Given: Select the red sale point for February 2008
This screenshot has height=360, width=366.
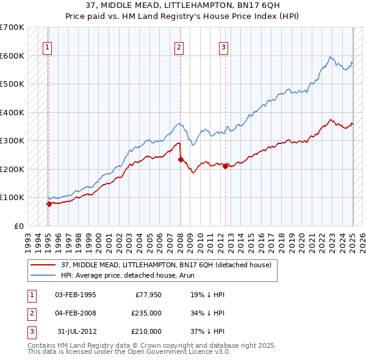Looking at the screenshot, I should pyautogui.click(x=181, y=159).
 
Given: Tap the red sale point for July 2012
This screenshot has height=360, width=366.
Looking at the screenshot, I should pyautogui.click(x=226, y=166).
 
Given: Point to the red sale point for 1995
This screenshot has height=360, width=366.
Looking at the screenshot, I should pyautogui.click(x=49, y=204).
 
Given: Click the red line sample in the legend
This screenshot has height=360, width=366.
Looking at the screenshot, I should pyautogui.click(x=43, y=264).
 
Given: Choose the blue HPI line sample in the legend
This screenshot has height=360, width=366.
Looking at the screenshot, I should pyautogui.click(x=43, y=275).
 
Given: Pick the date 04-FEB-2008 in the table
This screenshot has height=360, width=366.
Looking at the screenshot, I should pyautogui.click(x=76, y=313).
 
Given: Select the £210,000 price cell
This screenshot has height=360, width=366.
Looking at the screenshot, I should pyautogui.click(x=146, y=331).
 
